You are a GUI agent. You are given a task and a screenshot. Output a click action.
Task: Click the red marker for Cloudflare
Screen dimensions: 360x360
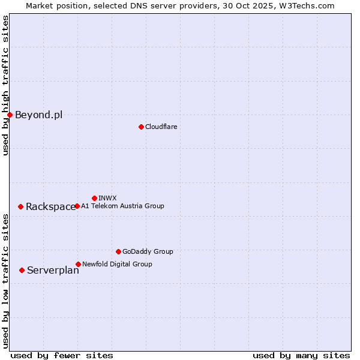[x=141, y=127]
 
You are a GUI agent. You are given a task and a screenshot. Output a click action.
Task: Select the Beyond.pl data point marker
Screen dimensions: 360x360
[x=10, y=115]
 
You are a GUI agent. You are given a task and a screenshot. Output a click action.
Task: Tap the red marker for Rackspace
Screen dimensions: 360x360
[x=20, y=206]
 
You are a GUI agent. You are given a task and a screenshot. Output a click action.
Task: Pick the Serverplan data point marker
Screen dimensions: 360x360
[x=22, y=270]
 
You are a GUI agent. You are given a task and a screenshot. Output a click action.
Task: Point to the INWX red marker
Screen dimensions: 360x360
[x=94, y=198]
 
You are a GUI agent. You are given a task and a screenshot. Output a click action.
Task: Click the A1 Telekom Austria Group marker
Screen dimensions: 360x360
[x=77, y=206]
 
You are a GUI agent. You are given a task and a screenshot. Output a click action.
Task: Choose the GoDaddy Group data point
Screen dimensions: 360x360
[x=118, y=251]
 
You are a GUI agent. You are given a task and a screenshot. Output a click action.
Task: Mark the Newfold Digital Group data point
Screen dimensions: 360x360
[x=78, y=264]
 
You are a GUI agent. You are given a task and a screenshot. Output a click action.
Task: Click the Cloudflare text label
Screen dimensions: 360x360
[x=161, y=127]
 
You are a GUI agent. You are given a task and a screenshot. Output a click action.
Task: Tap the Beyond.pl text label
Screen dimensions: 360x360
[x=38, y=115]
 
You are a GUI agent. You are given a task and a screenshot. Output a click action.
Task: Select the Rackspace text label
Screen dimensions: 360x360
[x=50, y=207]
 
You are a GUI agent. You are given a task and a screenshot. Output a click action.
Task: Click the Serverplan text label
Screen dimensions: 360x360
[x=53, y=271]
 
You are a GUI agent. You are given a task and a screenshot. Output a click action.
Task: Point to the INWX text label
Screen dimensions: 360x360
[x=107, y=198]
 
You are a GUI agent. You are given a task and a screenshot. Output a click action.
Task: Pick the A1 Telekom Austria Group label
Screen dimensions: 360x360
[x=122, y=206]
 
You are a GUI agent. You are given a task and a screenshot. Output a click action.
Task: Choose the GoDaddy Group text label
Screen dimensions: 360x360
[x=148, y=251]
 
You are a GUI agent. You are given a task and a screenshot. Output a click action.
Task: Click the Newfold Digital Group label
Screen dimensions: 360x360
[x=117, y=264]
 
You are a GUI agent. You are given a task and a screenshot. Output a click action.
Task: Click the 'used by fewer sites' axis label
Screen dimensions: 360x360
[x=62, y=355]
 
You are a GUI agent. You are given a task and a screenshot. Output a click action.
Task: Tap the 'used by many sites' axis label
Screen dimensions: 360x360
[x=301, y=355]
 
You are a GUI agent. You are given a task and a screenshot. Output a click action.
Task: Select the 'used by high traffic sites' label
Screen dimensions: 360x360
[x=5, y=86]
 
